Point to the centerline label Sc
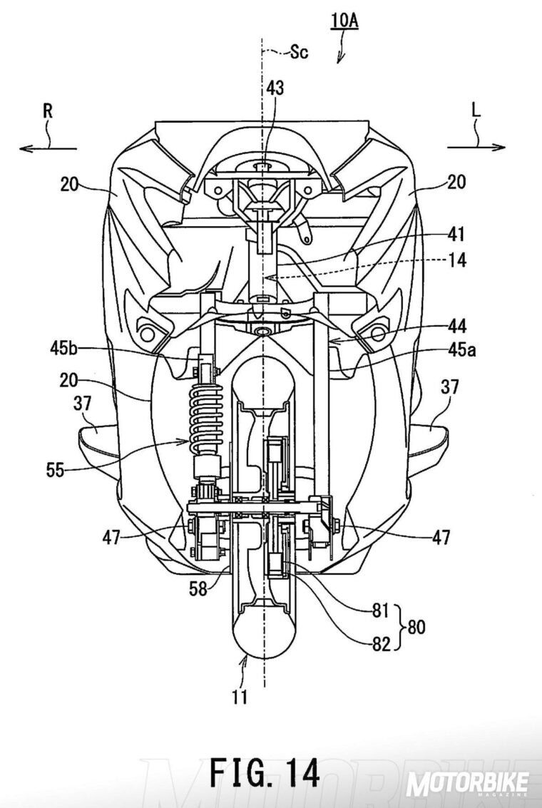[x=299, y=51]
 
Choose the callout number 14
[x=456, y=260]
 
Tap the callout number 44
[x=456, y=326]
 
